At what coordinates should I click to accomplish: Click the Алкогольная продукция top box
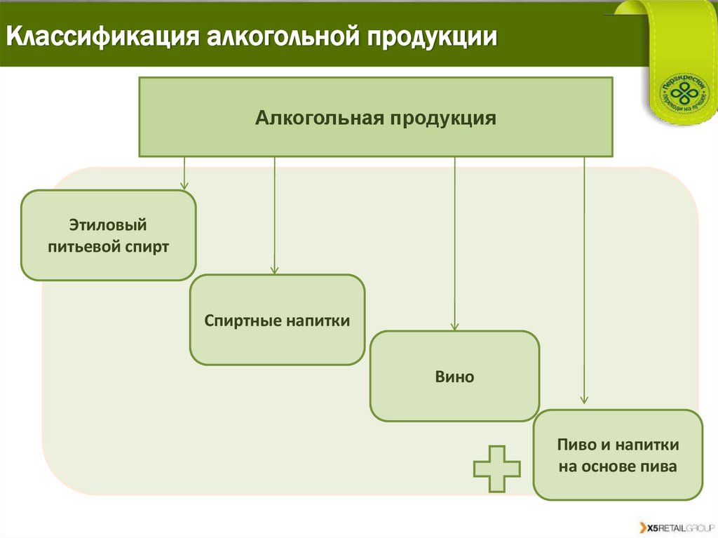[x=376, y=117]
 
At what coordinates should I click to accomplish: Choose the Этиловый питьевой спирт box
[x=109, y=236]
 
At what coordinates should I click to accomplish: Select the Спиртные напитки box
[x=277, y=320]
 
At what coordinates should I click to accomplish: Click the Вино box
[x=454, y=377]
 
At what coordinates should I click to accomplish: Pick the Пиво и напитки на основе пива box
[x=618, y=455]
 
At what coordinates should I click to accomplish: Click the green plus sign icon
[x=496, y=469]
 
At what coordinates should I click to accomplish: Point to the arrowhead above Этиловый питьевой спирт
[x=184, y=185]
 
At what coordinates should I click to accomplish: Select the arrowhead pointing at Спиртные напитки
[x=274, y=269]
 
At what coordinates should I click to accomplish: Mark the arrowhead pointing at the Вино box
[x=454, y=326]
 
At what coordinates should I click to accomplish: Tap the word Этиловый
[x=108, y=225]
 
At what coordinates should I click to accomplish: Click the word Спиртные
[x=243, y=320]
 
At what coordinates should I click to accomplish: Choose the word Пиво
[x=574, y=445]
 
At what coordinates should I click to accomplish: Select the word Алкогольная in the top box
[x=314, y=117]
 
